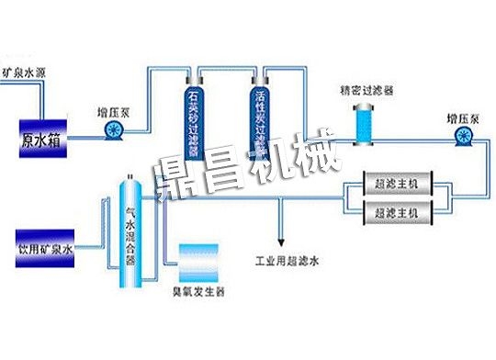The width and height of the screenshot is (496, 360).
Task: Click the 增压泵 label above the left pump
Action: [x=113, y=113]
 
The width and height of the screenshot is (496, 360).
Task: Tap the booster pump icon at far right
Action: [x=461, y=137]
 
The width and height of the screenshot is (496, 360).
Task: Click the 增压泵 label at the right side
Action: [x=463, y=118]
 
